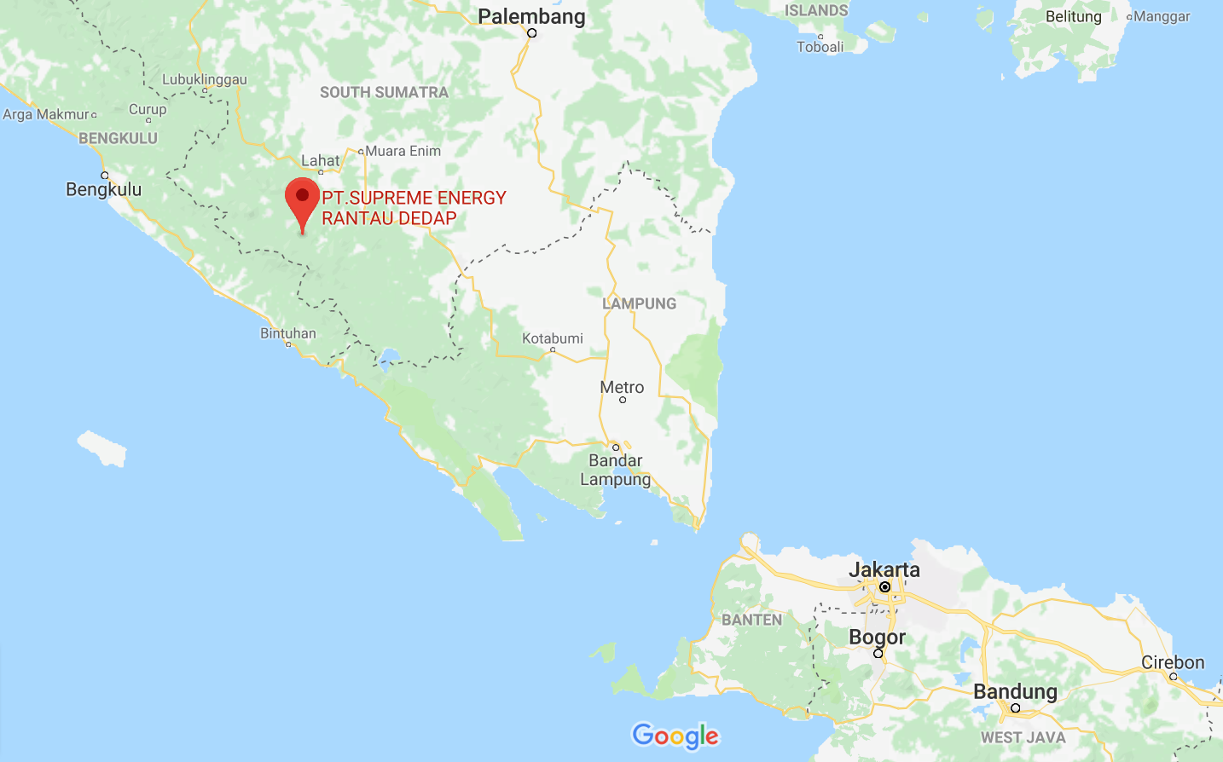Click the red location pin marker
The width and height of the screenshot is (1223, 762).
click(302, 199)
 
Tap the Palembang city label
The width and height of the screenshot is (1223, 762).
click(531, 16)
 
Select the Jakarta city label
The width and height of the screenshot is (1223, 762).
click(884, 569)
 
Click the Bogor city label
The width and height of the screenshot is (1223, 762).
click(877, 637)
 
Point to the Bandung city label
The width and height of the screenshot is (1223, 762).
click(1015, 691)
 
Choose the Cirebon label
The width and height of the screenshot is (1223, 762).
click(1173, 662)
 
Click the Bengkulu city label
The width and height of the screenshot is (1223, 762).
click(104, 189)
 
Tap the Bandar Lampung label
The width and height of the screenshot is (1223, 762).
click(615, 470)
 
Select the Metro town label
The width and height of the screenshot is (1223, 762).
click(622, 387)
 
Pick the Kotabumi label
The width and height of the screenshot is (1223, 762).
click(553, 338)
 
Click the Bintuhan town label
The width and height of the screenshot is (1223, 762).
click(288, 333)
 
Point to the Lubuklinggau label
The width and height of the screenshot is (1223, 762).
click(205, 79)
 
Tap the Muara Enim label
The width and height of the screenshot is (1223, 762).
click(403, 151)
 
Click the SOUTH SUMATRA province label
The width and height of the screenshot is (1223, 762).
click(384, 92)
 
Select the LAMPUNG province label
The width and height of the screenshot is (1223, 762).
click(640, 303)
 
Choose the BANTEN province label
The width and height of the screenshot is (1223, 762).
click(751, 620)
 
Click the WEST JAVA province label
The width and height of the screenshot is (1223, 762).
click(1023, 737)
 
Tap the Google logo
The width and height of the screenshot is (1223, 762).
click(675, 736)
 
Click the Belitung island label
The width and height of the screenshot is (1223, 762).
click(1073, 16)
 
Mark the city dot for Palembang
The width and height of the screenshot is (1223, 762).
click(531, 33)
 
